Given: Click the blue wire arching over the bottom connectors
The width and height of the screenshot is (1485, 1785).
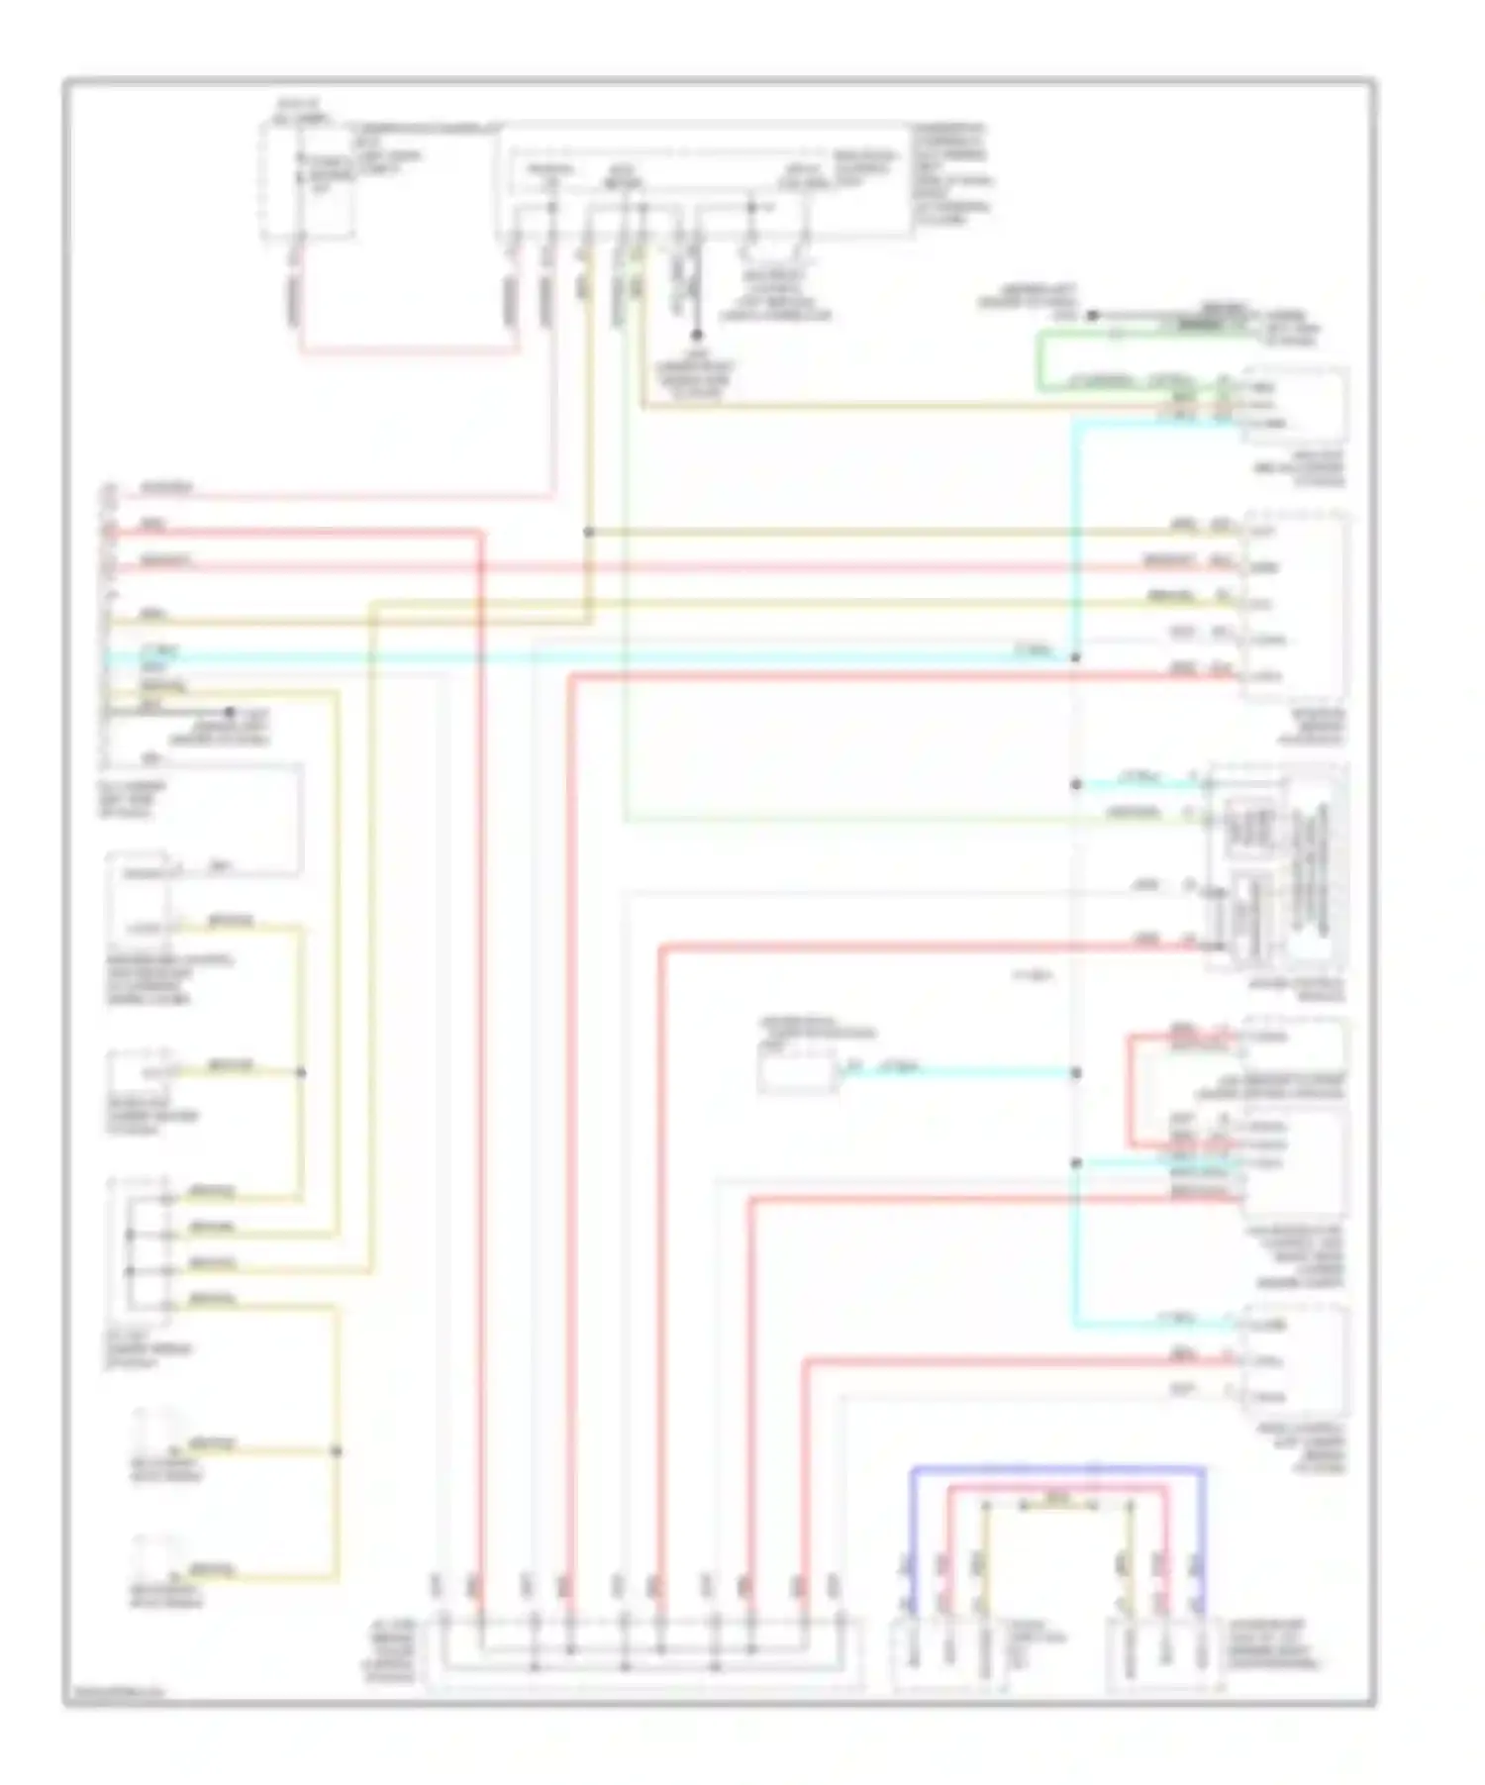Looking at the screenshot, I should click(x=1057, y=1468).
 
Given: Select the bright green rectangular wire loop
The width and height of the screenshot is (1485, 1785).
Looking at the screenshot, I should click(x=1039, y=361).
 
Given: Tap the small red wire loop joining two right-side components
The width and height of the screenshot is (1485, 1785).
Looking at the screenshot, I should click(x=1130, y=1090).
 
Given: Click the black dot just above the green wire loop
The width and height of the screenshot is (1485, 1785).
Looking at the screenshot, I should click(x=1093, y=316).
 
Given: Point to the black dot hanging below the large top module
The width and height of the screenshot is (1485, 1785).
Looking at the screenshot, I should click(x=697, y=336).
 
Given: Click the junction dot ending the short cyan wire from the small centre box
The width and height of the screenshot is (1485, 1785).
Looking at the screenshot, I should click(x=1076, y=1073).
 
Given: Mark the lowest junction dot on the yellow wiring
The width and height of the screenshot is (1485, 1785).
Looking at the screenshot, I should click(x=336, y=1451).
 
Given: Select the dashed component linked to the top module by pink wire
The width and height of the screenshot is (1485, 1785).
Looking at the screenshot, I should click(x=308, y=180).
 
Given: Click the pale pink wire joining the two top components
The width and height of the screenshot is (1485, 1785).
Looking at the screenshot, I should click(x=406, y=349).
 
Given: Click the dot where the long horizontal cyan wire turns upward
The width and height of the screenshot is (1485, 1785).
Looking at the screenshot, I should click(x=1076, y=657).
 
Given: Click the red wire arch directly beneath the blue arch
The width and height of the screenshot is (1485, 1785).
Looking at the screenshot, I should click(x=1057, y=1488).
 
